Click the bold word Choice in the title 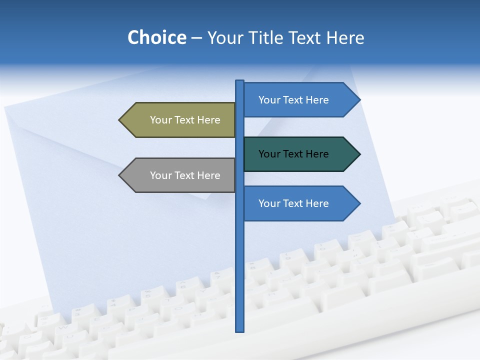pos(156,37)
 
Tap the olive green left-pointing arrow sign pos(180,120)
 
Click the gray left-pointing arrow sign pos(180,175)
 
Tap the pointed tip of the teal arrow pos(359,154)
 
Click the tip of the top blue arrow pos(359,100)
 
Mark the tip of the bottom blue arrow pos(359,203)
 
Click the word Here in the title pos(345,37)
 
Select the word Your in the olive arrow pos(160,120)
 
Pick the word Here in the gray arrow pos(208,175)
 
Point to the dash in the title pos(196,38)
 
